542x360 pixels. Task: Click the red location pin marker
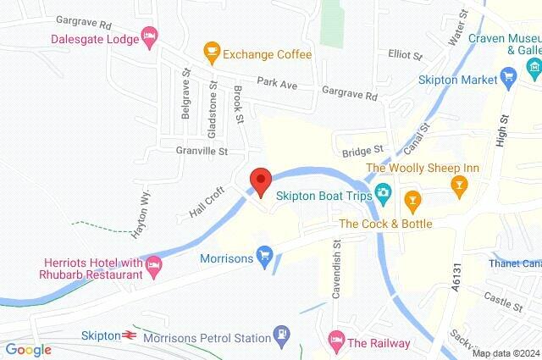click(x=261, y=181)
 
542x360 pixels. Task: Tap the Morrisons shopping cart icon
click(x=264, y=253)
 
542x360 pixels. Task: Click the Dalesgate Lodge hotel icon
click(x=150, y=35)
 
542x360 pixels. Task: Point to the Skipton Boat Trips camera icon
click(x=383, y=194)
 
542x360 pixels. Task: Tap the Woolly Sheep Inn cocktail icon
click(x=460, y=185)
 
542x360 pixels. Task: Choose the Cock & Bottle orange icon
click(x=412, y=201)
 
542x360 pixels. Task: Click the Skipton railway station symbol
click(x=130, y=335)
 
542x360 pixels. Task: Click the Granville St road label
click(x=202, y=152)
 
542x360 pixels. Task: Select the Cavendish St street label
click(x=336, y=268)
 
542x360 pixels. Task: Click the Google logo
click(x=29, y=350)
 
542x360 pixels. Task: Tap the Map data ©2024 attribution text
click(x=505, y=353)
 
